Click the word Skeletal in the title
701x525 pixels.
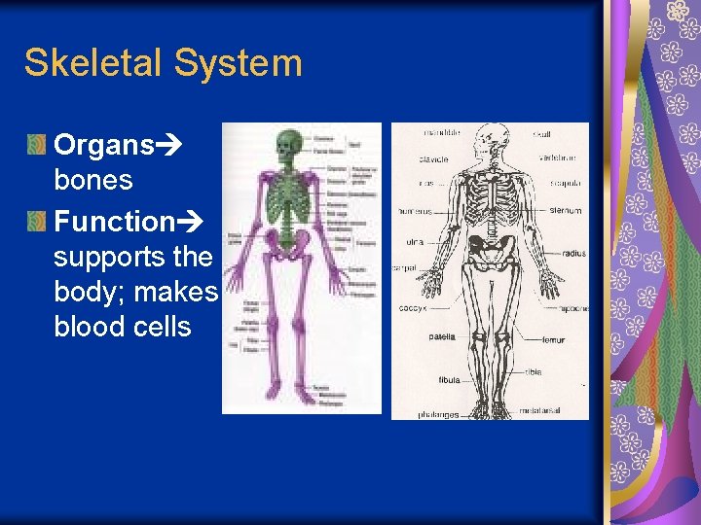click(93, 63)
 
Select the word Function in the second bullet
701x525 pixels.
click(114, 222)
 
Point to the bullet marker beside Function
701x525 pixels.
click(36, 223)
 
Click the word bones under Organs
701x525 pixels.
click(93, 180)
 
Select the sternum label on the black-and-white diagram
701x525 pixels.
click(566, 209)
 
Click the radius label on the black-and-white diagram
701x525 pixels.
click(574, 254)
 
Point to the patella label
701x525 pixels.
click(441, 337)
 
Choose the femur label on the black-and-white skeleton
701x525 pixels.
click(553, 340)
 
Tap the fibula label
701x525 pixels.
click(449, 380)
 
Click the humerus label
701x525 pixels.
click(415, 210)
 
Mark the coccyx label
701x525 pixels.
click(413, 308)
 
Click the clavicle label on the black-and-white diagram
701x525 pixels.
click(433, 157)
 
